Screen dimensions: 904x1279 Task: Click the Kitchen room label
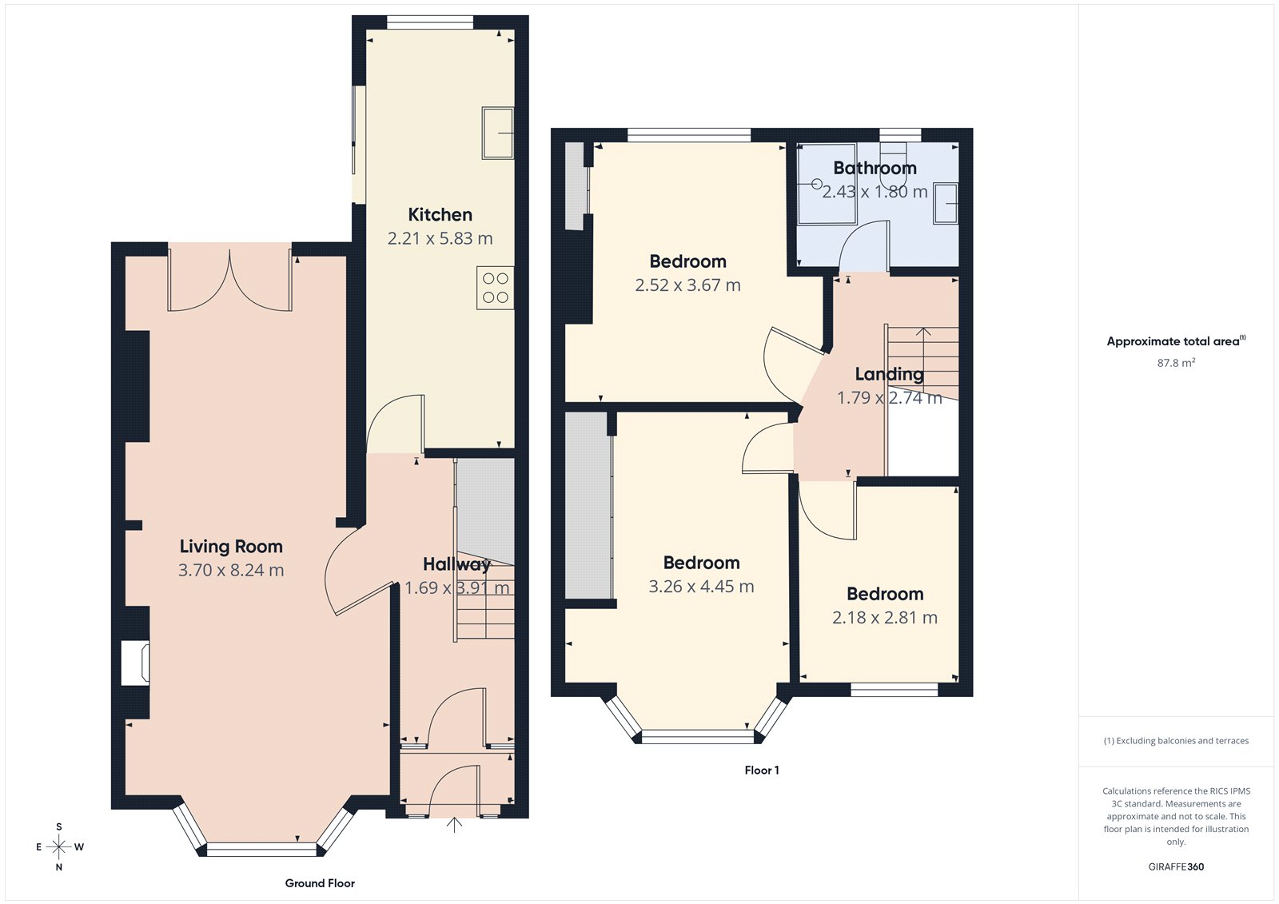tap(440, 214)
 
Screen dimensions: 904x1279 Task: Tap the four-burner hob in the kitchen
tap(495, 288)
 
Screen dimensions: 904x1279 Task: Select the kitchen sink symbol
tap(497, 133)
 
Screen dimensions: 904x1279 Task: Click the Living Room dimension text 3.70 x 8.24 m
tap(230, 570)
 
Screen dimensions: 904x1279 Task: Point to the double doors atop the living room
tap(229, 281)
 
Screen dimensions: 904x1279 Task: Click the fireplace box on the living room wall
tap(134, 662)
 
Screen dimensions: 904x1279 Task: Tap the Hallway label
tap(456, 564)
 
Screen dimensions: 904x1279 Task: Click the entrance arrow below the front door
tap(454, 825)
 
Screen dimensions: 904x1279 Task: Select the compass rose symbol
tap(59, 846)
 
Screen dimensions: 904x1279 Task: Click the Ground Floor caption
tap(320, 883)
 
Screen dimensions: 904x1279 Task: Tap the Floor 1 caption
tap(761, 771)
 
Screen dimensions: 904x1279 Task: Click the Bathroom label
tap(875, 168)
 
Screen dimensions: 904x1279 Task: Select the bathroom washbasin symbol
tap(946, 204)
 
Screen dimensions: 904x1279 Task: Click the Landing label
tap(889, 374)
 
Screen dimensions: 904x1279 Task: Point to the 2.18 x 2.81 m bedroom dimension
tap(884, 618)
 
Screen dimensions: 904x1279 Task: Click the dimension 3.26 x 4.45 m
tap(701, 587)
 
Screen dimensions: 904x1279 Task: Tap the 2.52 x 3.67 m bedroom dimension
tap(687, 285)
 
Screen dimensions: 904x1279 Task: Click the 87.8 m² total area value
tap(1176, 363)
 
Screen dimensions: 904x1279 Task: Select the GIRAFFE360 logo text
tap(1176, 866)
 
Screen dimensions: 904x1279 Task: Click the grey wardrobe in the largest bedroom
tap(588, 505)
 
